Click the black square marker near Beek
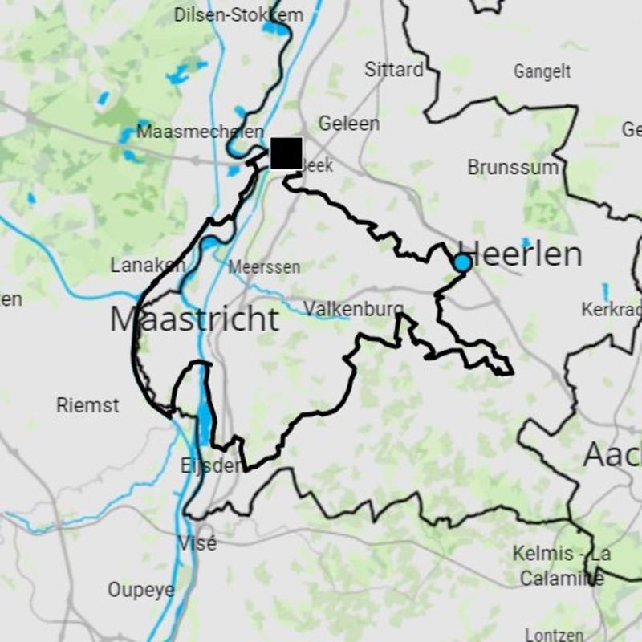point(286,153)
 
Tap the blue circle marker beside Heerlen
point(462,263)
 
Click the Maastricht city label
point(194,319)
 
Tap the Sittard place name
point(394,70)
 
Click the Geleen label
point(349,124)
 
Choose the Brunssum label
point(512,167)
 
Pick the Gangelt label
point(542,72)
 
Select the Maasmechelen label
point(200,132)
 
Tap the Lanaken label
point(148,265)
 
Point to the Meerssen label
point(264,267)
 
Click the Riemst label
point(87,405)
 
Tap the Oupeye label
point(141,590)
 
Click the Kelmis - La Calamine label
point(561,566)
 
